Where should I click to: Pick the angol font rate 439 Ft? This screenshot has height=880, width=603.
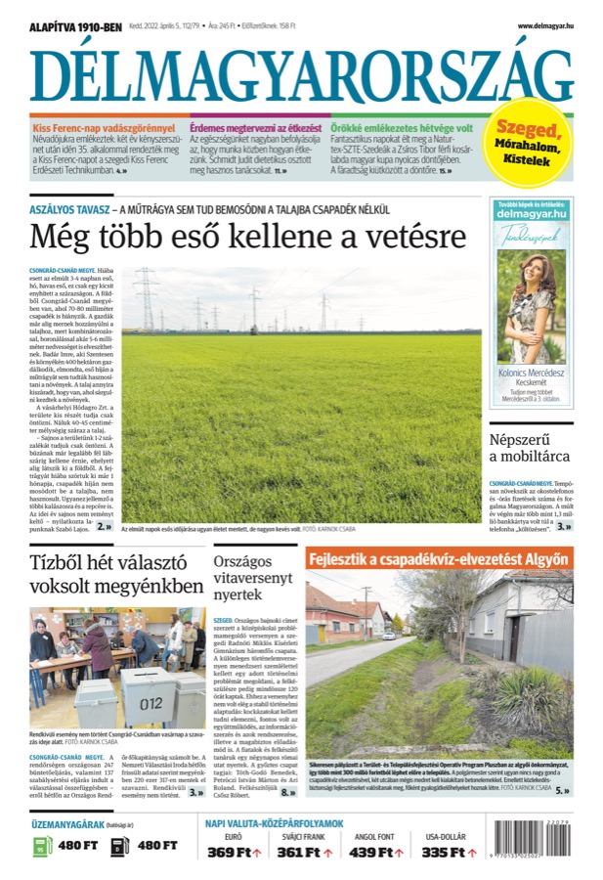tap(376, 852)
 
